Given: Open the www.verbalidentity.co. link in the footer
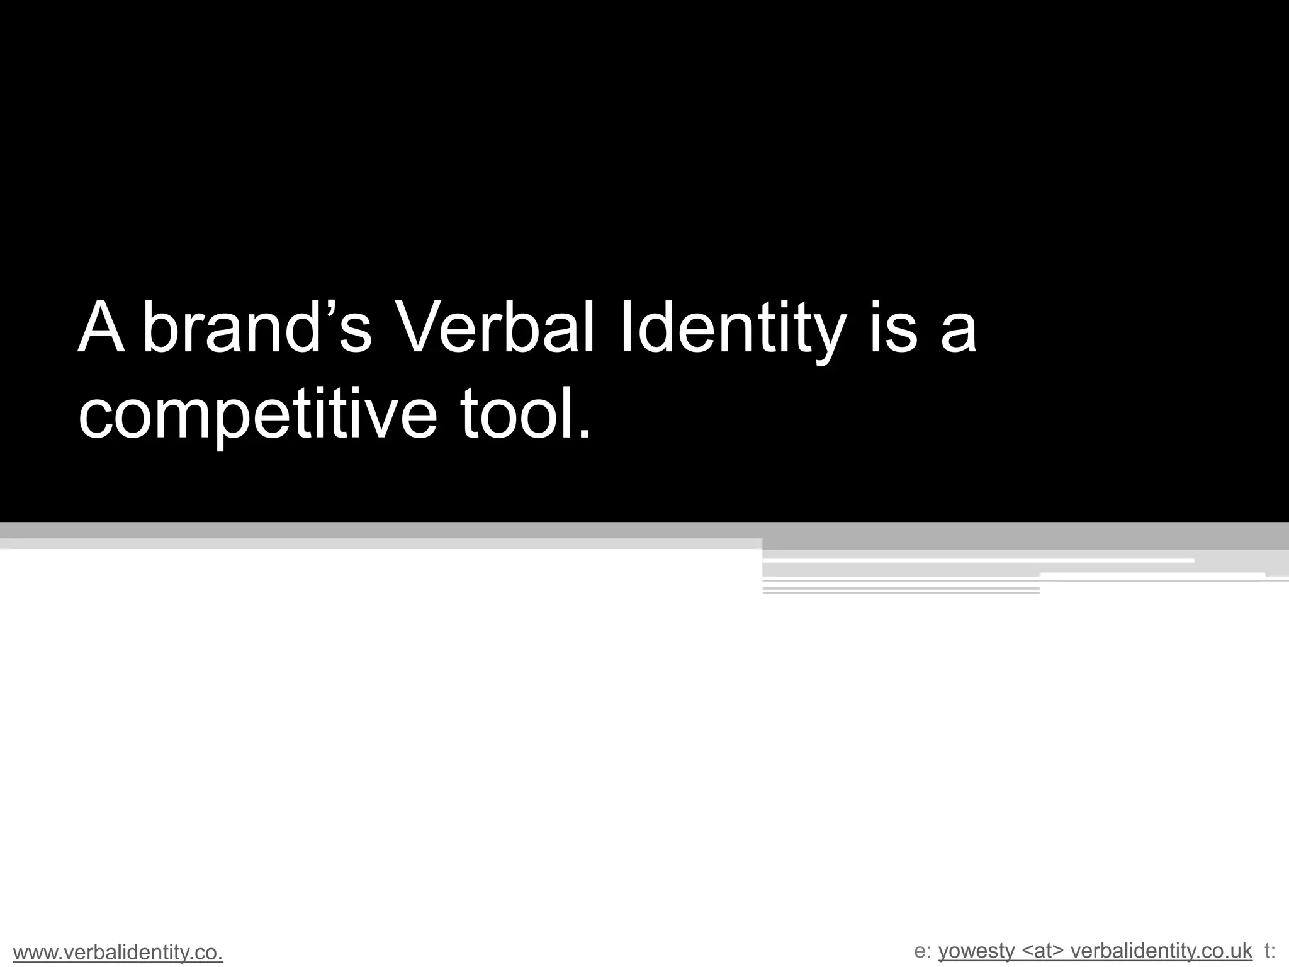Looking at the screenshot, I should [x=118, y=953].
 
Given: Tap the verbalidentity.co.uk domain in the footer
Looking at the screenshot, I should [x=1161, y=951].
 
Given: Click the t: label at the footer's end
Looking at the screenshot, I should [x=1269, y=951].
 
